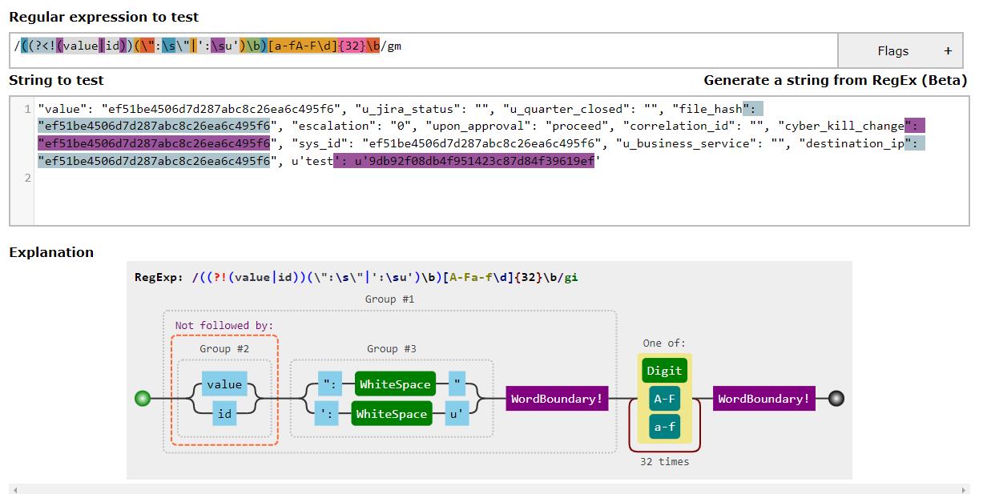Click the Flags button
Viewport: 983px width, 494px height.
point(904,51)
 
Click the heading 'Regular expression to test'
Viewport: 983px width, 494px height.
point(103,17)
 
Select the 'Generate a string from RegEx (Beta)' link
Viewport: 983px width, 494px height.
point(835,80)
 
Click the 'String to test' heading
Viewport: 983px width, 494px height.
point(56,80)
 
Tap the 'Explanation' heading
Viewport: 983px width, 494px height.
point(51,252)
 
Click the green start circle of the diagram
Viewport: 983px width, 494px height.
point(143,399)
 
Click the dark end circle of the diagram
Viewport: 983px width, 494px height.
point(836,399)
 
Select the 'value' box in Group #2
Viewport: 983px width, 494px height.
point(224,384)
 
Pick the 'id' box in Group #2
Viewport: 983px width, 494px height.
point(224,414)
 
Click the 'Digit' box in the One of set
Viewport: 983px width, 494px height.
point(664,370)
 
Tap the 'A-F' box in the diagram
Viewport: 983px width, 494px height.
point(664,399)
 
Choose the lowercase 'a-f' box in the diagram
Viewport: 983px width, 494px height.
point(664,427)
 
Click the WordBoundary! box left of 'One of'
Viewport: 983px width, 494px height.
point(557,399)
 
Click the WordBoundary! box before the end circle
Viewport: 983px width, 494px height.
point(763,399)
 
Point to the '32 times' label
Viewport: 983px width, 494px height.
point(664,462)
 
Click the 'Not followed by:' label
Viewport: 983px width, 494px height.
point(224,325)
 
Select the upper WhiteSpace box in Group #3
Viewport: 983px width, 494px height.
point(395,384)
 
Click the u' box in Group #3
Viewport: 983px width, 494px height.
point(456,414)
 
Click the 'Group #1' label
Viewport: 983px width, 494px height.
point(390,299)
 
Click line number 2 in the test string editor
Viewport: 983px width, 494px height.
point(27,178)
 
